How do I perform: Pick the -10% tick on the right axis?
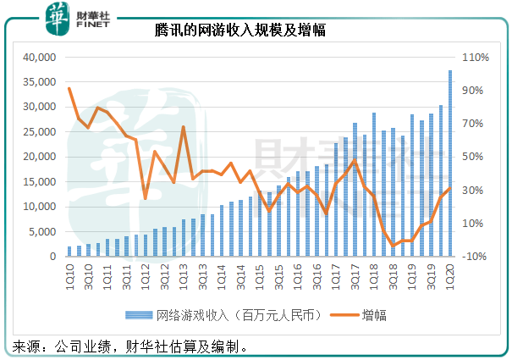point(472,256)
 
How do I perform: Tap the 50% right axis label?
point(473,157)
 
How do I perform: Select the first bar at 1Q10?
point(69,251)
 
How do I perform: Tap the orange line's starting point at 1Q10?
point(69,89)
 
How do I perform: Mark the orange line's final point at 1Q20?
point(450,189)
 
